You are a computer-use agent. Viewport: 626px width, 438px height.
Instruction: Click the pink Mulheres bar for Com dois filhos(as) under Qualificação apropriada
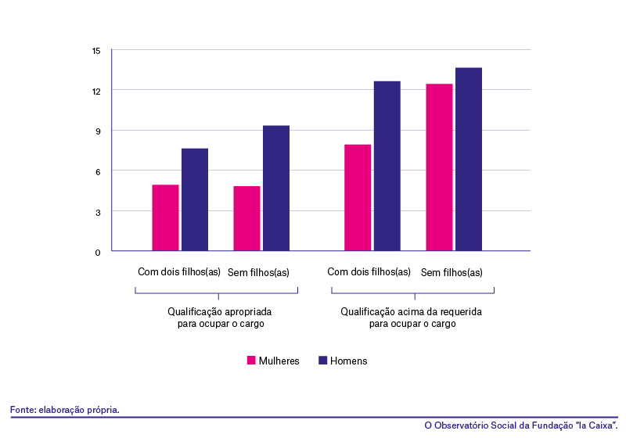(165, 217)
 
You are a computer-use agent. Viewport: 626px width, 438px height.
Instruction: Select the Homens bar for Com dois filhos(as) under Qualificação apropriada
(195, 199)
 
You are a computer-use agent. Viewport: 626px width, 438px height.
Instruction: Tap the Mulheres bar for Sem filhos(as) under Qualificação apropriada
(246, 218)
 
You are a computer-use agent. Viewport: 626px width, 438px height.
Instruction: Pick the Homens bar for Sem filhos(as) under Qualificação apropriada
(276, 188)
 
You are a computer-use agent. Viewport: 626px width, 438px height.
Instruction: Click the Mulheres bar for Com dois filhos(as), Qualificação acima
(358, 198)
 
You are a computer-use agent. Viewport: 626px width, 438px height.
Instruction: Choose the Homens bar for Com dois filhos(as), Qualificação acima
(387, 166)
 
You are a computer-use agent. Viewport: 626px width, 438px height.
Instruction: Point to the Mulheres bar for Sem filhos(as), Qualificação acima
(439, 167)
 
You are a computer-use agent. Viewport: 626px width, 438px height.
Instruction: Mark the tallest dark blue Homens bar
(469, 160)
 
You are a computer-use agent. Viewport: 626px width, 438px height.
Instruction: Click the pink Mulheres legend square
(251, 361)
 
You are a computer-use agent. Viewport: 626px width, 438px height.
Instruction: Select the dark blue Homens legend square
(322, 361)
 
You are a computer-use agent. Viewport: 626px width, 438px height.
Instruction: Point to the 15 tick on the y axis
(96, 51)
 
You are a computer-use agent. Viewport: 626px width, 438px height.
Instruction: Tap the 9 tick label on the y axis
(98, 131)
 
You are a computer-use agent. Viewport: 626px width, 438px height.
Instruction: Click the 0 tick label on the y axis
(98, 252)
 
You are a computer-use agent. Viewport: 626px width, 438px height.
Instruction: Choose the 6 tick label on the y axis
(98, 172)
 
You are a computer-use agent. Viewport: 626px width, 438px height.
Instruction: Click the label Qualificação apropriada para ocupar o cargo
(220, 318)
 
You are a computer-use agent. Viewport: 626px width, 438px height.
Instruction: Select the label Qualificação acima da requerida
(412, 311)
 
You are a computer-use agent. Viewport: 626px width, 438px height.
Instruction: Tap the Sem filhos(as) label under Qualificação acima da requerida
(452, 272)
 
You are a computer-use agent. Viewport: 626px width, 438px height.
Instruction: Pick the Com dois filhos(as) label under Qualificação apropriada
(179, 272)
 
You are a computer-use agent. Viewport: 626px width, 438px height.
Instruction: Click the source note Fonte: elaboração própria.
(65, 410)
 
